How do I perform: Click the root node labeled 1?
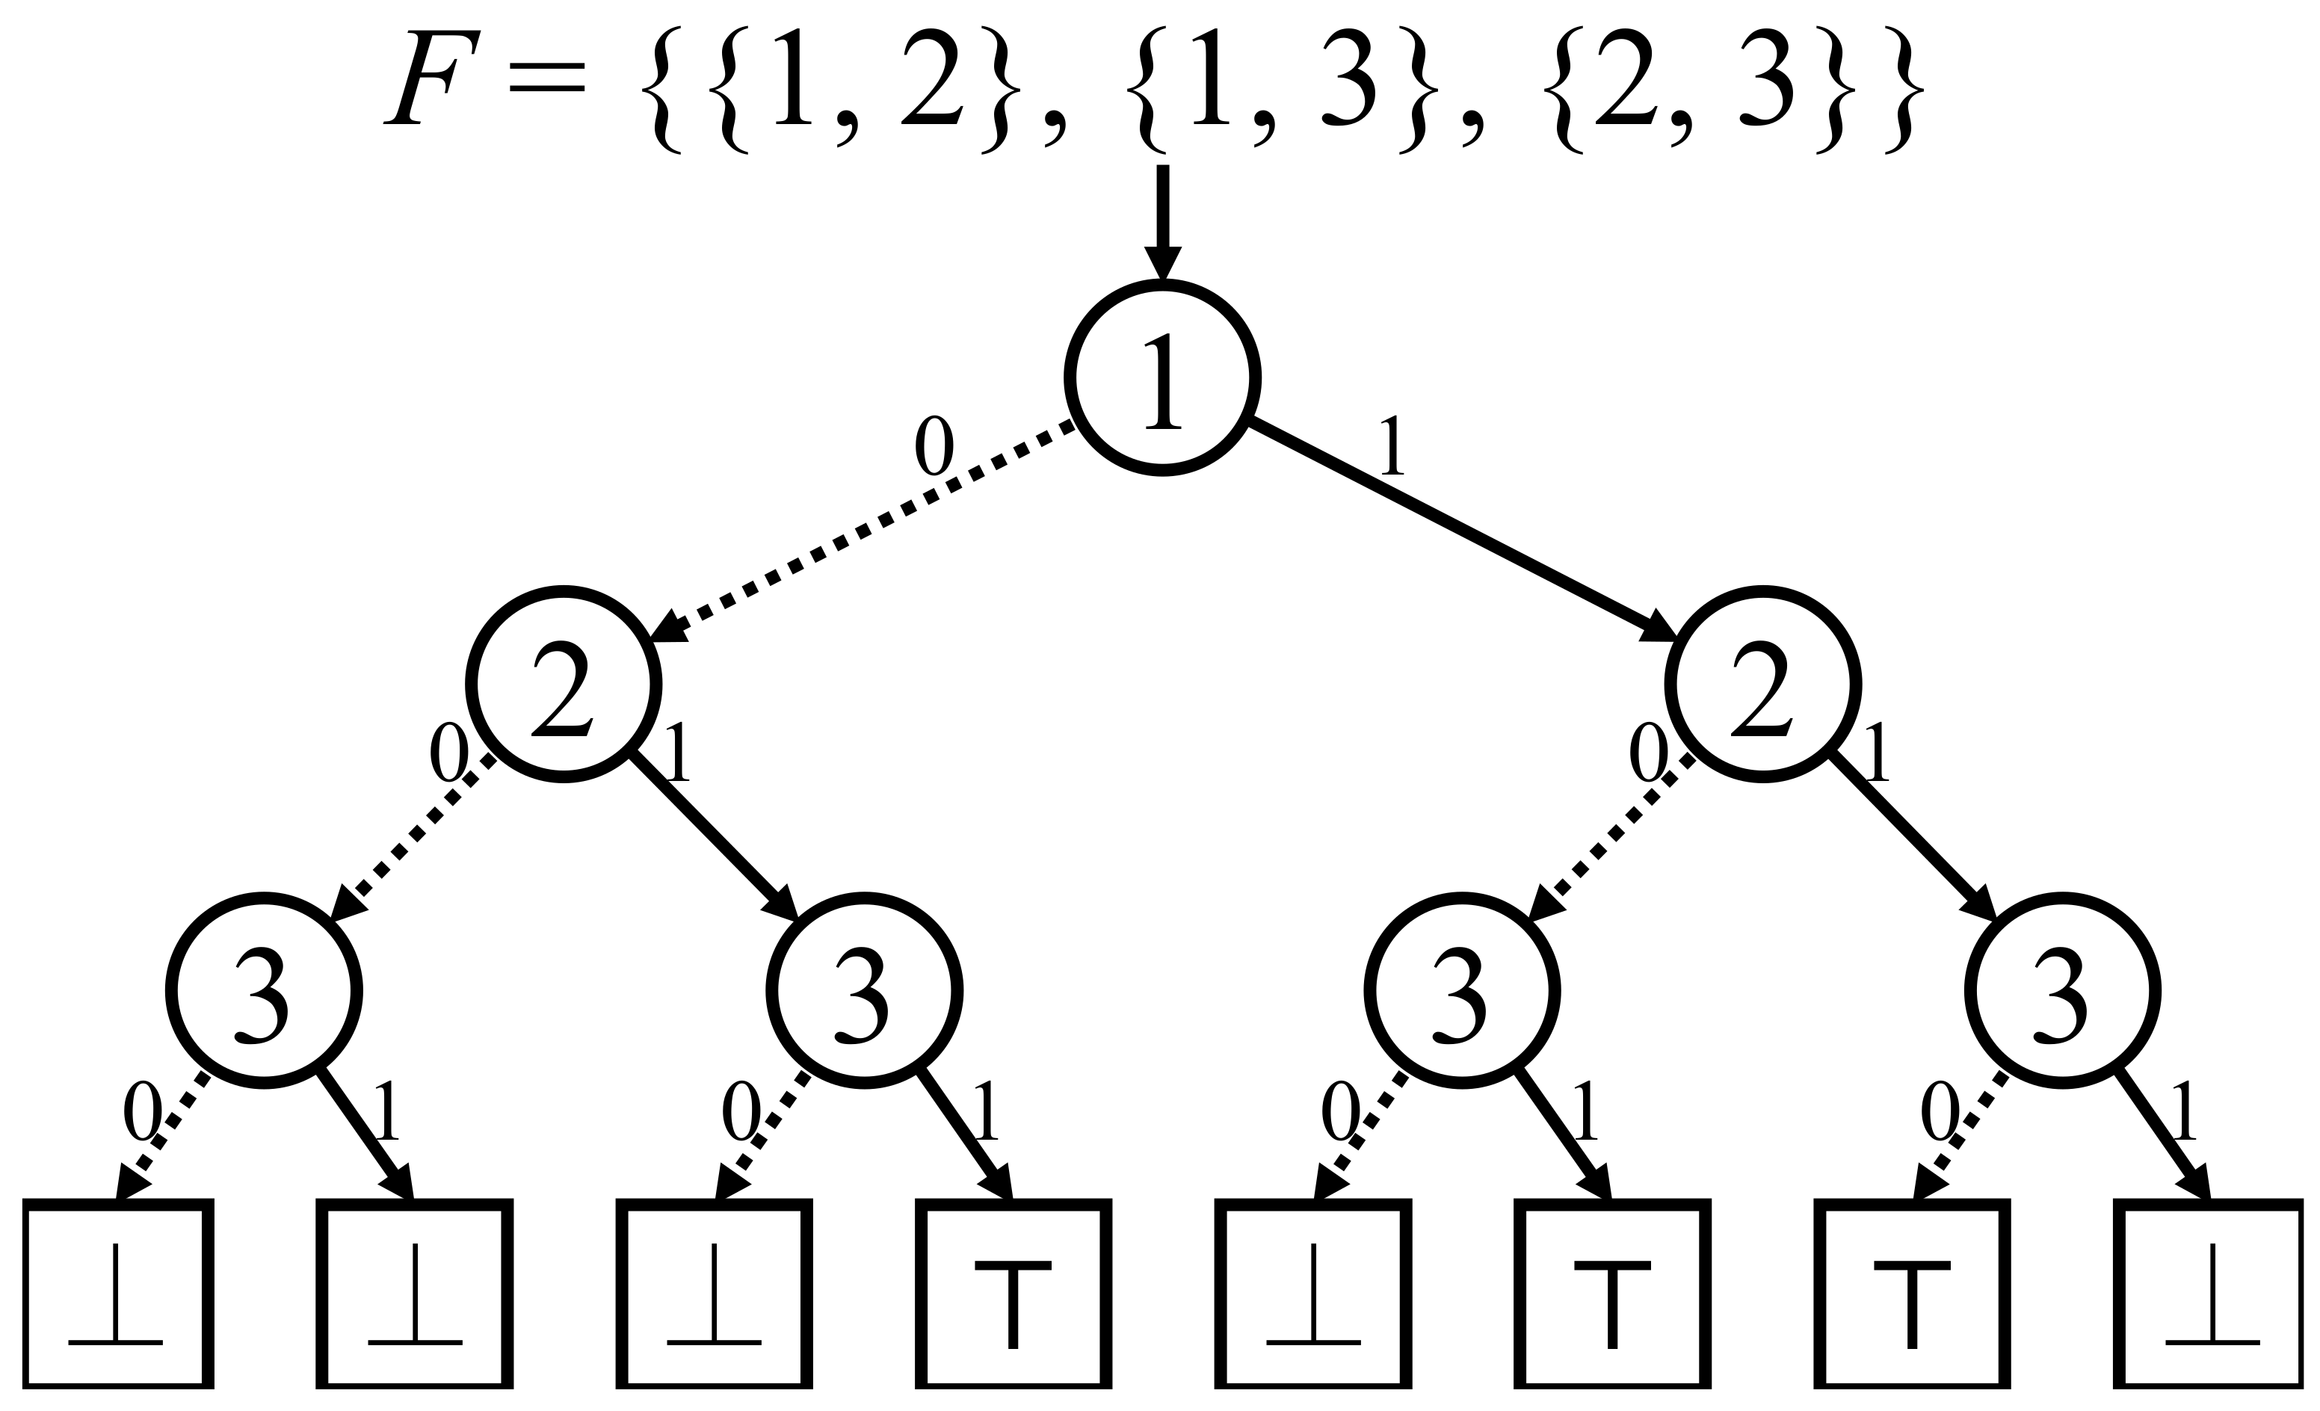(x=1162, y=378)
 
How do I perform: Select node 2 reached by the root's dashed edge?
(x=563, y=685)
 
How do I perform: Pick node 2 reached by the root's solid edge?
(x=1762, y=685)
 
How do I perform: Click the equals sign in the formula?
(x=547, y=77)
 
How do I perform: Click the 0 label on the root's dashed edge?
(x=934, y=446)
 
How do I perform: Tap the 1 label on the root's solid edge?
(x=1391, y=446)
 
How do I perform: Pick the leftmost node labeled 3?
(x=264, y=991)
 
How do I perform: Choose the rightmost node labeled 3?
(x=2062, y=991)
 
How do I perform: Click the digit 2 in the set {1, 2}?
(x=931, y=77)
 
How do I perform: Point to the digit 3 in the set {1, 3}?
(x=1348, y=77)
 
